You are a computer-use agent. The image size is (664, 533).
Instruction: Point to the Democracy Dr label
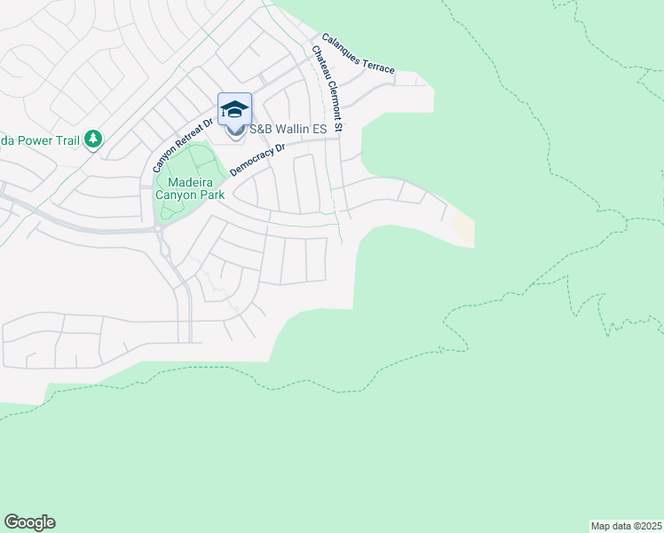pos(256,158)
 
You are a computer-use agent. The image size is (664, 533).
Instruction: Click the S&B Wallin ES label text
pos(288,130)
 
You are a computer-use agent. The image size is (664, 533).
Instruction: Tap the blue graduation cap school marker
pos(234,110)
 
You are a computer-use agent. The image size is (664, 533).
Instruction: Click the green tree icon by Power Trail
pos(93,139)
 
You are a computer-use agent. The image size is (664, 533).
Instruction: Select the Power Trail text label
pos(40,139)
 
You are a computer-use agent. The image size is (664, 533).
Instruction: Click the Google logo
pos(29,522)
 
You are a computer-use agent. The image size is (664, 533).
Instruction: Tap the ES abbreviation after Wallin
pos(319,130)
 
